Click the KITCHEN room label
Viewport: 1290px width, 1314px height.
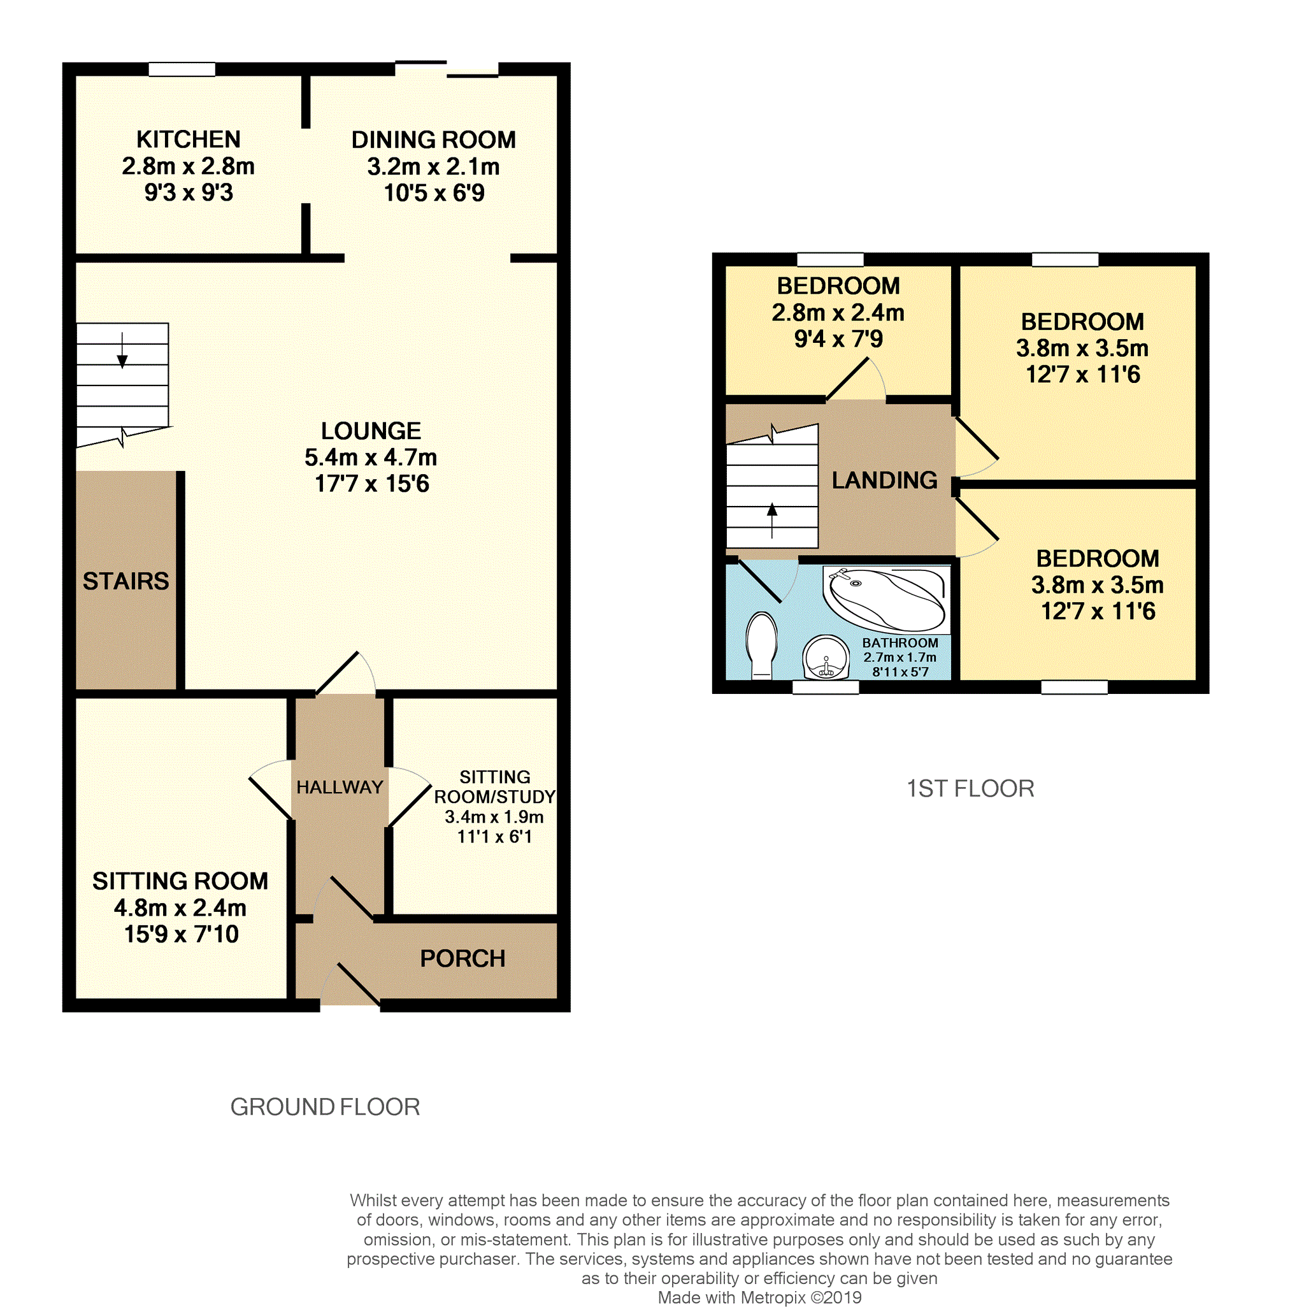(x=189, y=140)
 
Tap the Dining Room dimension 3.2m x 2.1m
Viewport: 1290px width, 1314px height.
(x=433, y=167)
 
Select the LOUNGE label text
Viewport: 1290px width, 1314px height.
(x=371, y=431)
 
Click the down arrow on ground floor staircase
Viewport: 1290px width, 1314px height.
(x=122, y=353)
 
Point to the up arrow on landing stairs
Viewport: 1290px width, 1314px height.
(x=771, y=519)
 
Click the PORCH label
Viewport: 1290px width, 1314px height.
(x=462, y=958)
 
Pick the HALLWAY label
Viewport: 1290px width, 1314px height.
(x=340, y=788)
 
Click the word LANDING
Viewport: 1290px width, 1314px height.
(x=884, y=480)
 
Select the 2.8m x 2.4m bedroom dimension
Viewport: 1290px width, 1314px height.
(x=838, y=313)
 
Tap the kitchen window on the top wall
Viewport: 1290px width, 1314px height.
(x=182, y=69)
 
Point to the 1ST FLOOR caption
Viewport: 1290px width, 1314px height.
(x=970, y=789)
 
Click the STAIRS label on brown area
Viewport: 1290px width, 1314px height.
(x=125, y=581)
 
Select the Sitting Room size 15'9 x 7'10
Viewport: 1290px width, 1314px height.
(x=181, y=934)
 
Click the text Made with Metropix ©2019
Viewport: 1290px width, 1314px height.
(x=759, y=1297)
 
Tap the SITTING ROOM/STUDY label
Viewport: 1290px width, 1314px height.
(x=494, y=787)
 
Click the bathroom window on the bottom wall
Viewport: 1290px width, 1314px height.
(x=824, y=687)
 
